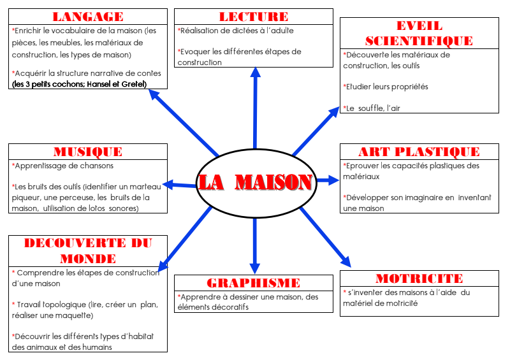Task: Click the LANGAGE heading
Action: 88,17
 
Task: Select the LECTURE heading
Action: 254,17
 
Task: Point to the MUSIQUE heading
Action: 88,152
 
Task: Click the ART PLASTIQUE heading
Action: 419,152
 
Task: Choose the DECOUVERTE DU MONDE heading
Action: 88,250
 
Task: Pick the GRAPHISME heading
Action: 253,283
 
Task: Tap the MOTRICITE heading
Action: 419,278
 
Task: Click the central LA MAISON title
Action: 255,182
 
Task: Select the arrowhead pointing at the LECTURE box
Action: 255,71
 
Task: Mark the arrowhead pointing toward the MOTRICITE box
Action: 345,261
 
